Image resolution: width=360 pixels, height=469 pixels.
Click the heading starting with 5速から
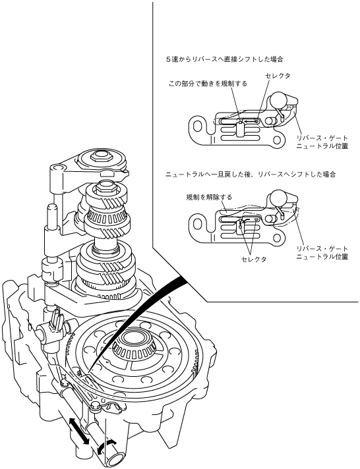pos(225,59)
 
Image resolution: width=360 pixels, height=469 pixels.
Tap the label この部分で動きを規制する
pos(208,84)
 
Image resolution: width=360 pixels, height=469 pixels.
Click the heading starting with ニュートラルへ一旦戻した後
pos(251,175)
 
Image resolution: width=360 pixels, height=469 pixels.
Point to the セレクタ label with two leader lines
pos(254,259)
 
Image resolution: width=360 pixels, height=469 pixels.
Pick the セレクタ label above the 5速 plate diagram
pos(278,76)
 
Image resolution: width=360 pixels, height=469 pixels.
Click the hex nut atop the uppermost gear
pos(101,155)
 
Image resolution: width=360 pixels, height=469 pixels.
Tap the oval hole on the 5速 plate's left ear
pos(196,126)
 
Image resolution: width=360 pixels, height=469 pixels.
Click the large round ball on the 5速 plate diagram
pos(278,99)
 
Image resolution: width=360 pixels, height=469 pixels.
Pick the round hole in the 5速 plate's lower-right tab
pos(276,140)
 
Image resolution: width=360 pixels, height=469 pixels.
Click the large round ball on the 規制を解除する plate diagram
pos(277,198)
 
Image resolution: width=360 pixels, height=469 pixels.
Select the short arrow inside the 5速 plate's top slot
pos(251,121)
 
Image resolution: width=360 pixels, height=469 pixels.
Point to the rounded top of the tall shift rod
pos(52,207)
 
